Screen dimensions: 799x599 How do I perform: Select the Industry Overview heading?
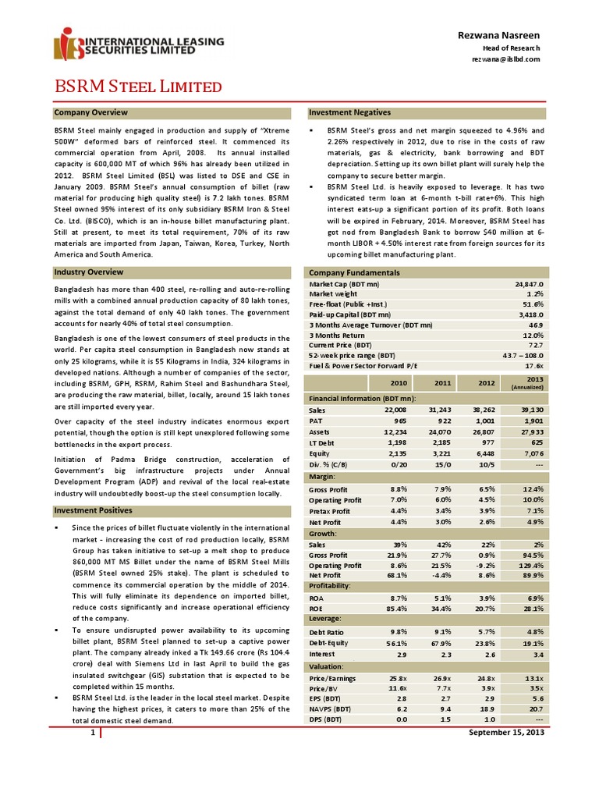pos(89,272)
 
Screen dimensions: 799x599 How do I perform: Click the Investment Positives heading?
pos(94,510)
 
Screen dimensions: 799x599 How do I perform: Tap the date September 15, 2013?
pos(502,734)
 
